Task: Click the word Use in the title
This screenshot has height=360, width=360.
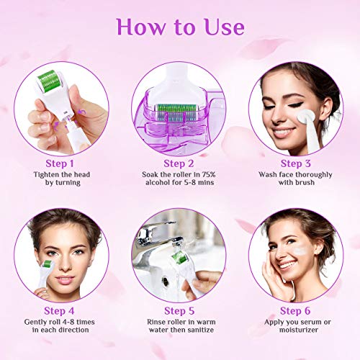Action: click(x=225, y=27)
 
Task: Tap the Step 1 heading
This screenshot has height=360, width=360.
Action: click(x=60, y=163)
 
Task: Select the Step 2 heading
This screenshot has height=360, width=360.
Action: click(x=179, y=163)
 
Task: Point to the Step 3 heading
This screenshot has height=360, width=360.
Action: click(x=296, y=163)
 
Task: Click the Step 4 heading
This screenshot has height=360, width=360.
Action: click(x=59, y=311)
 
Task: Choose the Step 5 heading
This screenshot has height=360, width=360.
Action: click(x=179, y=311)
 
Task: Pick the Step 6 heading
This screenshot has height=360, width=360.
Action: click(x=295, y=311)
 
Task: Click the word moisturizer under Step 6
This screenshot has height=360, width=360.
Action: click(x=299, y=330)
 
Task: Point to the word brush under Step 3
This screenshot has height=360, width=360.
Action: click(x=305, y=182)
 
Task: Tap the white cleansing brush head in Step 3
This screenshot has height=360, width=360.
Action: click(x=305, y=117)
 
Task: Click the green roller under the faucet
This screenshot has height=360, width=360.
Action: click(x=180, y=257)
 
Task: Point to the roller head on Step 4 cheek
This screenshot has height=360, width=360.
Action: click(x=48, y=264)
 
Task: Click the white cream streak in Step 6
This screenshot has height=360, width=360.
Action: click(x=300, y=251)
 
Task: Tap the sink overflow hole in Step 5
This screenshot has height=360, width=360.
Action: click(x=166, y=280)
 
